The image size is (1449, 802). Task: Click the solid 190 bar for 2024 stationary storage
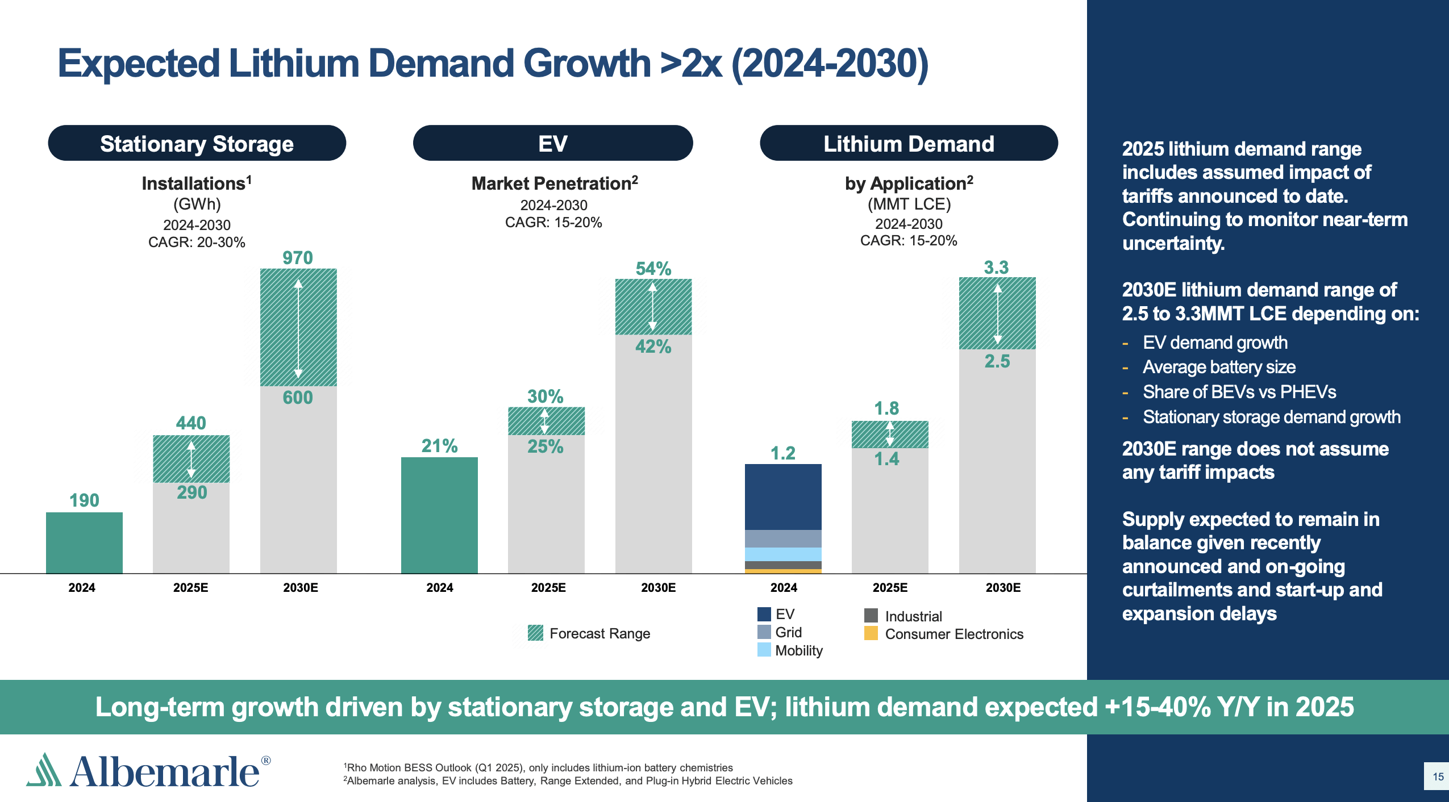coord(84,542)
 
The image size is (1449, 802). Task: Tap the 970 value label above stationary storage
coord(298,258)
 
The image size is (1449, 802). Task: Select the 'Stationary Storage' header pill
coord(197,144)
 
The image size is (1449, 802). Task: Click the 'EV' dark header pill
coord(552,144)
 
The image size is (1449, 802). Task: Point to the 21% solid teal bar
coord(439,515)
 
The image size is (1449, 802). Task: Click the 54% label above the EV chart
coord(653,269)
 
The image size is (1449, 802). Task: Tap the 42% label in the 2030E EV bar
coord(653,346)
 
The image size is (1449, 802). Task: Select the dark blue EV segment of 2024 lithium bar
coord(783,496)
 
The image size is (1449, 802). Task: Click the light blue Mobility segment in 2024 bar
coord(783,554)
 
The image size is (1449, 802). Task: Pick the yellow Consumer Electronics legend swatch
coord(871,633)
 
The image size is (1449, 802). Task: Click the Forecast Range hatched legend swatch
coord(535,633)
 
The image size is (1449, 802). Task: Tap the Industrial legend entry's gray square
coord(871,616)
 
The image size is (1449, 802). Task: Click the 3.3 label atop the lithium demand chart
coord(996,268)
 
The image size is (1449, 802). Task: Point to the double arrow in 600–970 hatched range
coord(298,328)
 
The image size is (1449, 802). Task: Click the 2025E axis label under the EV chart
coord(548,587)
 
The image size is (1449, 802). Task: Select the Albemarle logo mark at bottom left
coord(44,770)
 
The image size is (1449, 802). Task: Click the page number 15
coord(1438,776)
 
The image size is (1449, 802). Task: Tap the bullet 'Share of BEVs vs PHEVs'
coord(1239,392)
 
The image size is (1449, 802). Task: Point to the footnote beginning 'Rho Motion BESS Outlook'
coord(539,767)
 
